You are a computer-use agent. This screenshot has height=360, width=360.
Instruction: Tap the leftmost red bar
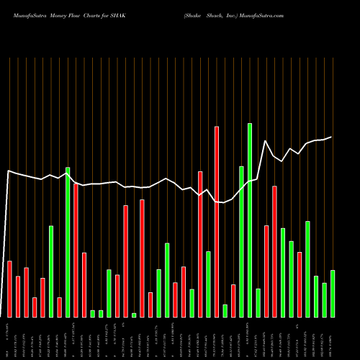[x=9, y=289]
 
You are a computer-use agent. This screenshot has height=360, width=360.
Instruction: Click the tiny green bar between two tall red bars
[x=134, y=315]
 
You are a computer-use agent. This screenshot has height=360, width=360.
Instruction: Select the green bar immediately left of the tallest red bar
[x=208, y=284]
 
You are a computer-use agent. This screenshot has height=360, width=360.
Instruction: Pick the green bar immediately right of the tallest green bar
[x=258, y=302]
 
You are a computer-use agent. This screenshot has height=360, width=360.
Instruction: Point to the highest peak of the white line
[x=266, y=141]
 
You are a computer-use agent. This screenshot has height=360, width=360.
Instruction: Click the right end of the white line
[x=331, y=137]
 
